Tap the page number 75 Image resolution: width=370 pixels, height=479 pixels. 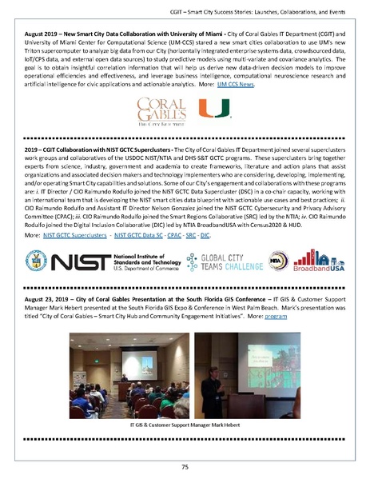(185, 465)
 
